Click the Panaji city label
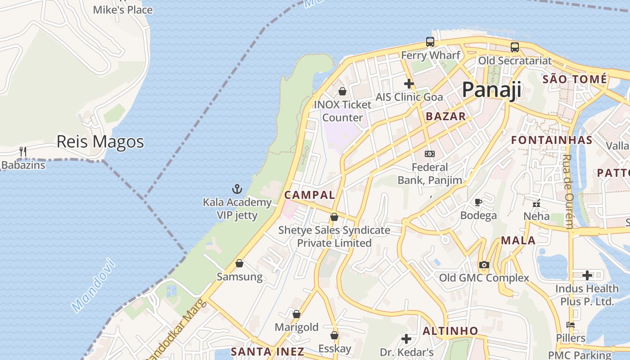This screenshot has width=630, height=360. click(x=491, y=90)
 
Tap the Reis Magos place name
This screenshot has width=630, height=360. click(x=100, y=142)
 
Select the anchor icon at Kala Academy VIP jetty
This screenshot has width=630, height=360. click(x=237, y=189)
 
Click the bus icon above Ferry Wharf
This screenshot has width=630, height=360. click(x=430, y=42)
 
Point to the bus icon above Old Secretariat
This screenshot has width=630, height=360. click(x=514, y=47)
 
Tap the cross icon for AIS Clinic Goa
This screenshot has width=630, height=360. click(x=409, y=84)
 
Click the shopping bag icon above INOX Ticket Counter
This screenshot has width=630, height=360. click(x=342, y=91)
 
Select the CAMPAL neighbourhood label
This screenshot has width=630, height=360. click(x=310, y=195)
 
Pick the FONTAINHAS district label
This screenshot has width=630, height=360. click(x=552, y=140)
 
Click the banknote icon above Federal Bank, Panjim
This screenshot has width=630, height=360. click(x=430, y=154)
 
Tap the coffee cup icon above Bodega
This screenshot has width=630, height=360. click(x=478, y=202)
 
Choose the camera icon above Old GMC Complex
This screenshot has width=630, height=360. click(x=484, y=265)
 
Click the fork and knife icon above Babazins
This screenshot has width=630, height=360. click(x=23, y=152)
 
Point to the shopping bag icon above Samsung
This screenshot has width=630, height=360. click(x=239, y=263)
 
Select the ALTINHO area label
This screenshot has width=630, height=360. click(x=450, y=331)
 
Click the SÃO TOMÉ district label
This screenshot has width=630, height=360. click(x=575, y=80)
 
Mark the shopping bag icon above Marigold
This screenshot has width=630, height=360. click(x=296, y=314)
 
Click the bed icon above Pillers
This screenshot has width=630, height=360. click(x=571, y=325)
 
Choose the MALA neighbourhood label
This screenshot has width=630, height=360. click(x=518, y=240)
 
